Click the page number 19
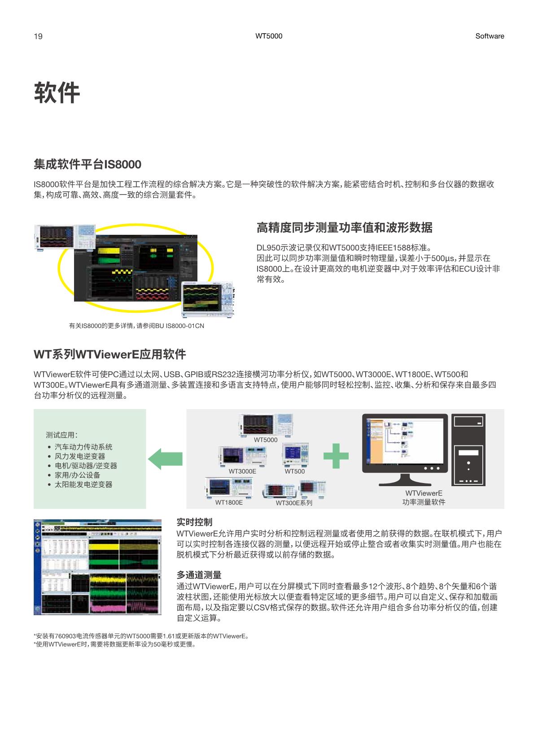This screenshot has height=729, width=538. point(38,36)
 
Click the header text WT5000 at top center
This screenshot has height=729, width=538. point(269,36)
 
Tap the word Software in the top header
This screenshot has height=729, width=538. point(490,36)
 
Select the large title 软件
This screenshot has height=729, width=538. point(57,93)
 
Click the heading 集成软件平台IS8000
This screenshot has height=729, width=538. point(87,164)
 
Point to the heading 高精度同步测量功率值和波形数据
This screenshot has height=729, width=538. point(344,228)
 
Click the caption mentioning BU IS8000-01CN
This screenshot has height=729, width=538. point(136,326)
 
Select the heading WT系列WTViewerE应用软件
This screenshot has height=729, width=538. point(109,354)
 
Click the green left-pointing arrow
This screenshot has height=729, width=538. point(165,458)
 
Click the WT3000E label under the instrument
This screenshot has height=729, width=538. point(242,471)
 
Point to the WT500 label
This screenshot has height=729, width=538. point(294,471)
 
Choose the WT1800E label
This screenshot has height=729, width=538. point(229,503)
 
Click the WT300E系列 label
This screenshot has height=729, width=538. point(294,503)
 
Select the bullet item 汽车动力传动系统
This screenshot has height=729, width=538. point(83,447)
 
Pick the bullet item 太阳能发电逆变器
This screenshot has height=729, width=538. point(83,484)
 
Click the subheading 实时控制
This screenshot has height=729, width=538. point(194,522)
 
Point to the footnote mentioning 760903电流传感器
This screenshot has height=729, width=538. point(141,636)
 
